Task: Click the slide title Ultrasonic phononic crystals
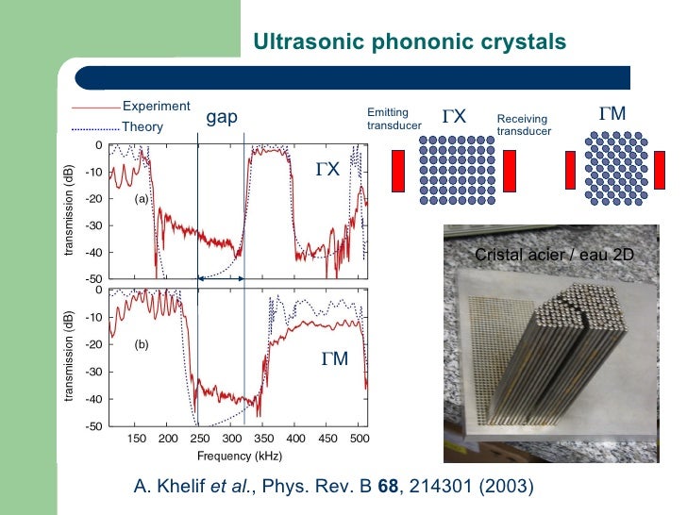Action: click(x=410, y=42)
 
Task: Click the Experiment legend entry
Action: click(x=156, y=106)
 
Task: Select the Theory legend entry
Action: click(x=142, y=127)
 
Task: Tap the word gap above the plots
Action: click(x=222, y=117)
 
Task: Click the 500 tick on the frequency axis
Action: click(x=359, y=439)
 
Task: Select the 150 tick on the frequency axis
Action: click(x=136, y=439)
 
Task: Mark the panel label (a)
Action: click(x=141, y=200)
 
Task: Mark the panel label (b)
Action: click(x=141, y=345)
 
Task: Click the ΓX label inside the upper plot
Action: click(x=327, y=170)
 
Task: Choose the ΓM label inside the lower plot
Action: click(x=333, y=359)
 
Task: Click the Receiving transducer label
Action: click(x=523, y=125)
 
